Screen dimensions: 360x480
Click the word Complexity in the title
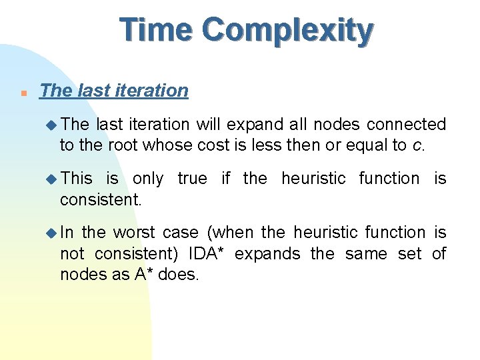pyautogui.click(x=288, y=31)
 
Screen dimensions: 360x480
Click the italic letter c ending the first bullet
pyautogui.click(x=418, y=146)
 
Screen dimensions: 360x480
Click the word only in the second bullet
pyautogui.click(x=147, y=179)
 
